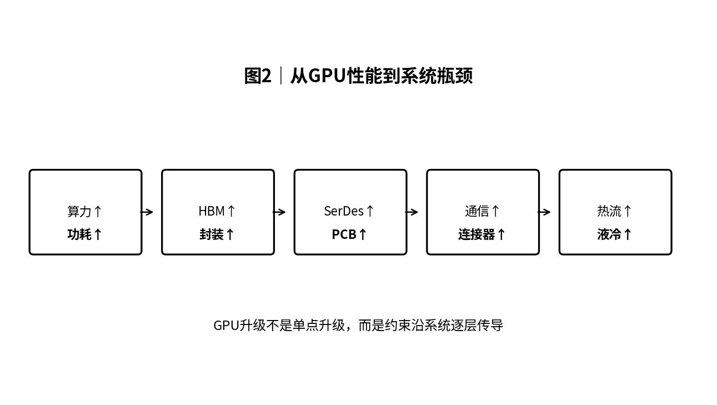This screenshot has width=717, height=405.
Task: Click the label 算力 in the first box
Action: point(79,211)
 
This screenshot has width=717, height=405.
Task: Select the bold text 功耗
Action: point(79,234)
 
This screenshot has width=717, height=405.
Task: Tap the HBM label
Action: point(212,211)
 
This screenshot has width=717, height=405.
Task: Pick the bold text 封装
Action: point(212,234)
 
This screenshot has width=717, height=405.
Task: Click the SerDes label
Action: point(344,211)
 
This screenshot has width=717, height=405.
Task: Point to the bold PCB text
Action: point(344,234)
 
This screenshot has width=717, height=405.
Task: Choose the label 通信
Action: point(477,211)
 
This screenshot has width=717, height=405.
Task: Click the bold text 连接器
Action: point(477,234)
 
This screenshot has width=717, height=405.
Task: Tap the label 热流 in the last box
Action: point(609,211)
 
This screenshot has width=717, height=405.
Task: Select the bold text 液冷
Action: point(609,234)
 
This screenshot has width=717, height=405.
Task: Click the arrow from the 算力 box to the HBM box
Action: point(147,212)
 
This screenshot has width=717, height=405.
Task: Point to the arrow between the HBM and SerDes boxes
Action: point(279,212)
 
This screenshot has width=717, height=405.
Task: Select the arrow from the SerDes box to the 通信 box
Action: point(412,212)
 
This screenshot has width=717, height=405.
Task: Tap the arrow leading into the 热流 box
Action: point(544,212)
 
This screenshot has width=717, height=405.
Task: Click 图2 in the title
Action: point(258,76)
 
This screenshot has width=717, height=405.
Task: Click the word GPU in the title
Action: point(327,76)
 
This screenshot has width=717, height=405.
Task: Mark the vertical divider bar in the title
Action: point(281,76)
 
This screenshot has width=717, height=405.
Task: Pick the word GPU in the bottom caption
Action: point(226,326)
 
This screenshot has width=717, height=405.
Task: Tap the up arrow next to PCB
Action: point(362,234)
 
